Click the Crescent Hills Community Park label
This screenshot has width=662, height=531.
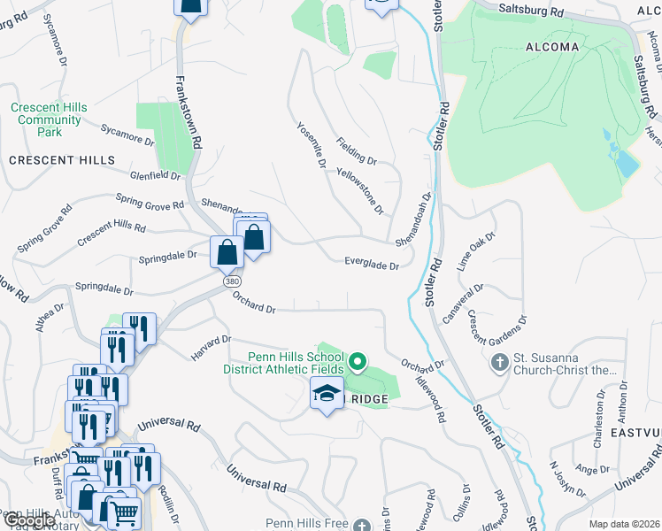50,119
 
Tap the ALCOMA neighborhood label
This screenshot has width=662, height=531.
552,47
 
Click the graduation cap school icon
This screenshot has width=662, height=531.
327,392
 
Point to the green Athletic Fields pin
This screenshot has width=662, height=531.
358,361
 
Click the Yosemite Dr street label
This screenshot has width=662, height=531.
312,146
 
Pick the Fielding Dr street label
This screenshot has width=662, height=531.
357,151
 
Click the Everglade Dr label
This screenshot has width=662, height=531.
372,264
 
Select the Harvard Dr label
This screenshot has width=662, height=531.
211,347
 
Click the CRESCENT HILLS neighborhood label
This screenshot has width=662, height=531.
62,160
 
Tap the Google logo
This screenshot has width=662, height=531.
27,520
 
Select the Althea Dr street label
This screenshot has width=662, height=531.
50,318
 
